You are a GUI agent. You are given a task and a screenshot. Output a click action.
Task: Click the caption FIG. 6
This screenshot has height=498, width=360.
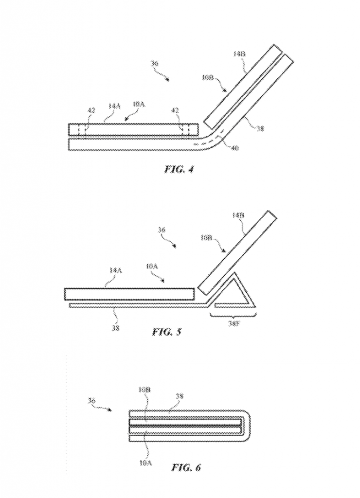186,467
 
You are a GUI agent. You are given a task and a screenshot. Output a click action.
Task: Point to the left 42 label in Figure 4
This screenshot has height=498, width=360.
91,111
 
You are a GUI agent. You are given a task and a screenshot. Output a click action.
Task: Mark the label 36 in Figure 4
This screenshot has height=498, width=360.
155,64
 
